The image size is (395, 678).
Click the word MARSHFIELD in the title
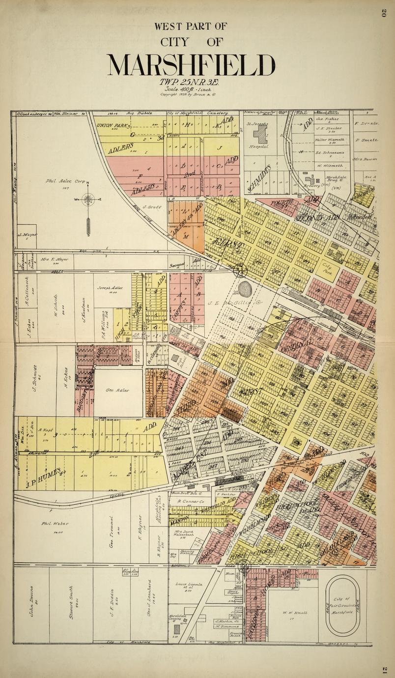[x=191, y=64]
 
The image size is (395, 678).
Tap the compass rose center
[x=88, y=199]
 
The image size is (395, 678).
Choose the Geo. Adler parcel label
[x=117, y=390]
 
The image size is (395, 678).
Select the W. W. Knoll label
[x=295, y=613]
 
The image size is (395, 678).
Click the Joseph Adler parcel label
[x=110, y=289]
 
